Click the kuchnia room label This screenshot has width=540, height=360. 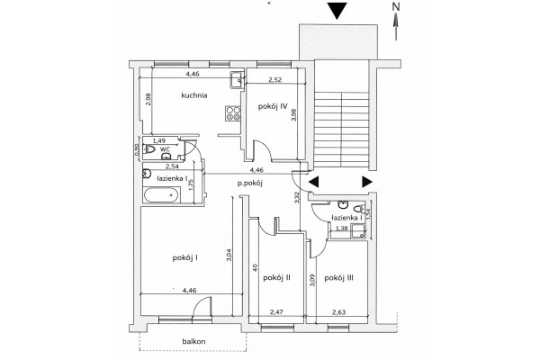click(x=194, y=95)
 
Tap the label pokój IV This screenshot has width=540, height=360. click(x=273, y=106)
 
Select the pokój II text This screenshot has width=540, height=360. click(x=277, y=278)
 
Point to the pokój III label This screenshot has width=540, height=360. click(x=339, y=278)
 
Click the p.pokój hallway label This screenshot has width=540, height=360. click(x=250, y=184)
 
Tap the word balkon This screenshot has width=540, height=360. click(x=193, y=341)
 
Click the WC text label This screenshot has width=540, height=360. click(x=166, y=149)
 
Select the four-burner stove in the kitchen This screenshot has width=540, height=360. click(x=233, y=113)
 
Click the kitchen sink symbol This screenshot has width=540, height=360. click(x=238, y=80)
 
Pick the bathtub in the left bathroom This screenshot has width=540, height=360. click(x=161, y=195)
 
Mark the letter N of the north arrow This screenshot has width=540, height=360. click(x=397, y=6)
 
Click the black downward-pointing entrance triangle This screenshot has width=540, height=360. click(x=336, y=10)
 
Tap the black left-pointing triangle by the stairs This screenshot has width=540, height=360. click(x=313, y=182)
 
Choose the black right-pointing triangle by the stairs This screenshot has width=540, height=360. click(x=367, y=182)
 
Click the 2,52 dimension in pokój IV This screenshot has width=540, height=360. click(x=275, y=80)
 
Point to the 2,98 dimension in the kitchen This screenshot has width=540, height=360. click(x=148, y=99)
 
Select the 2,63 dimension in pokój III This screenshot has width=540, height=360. click(x=339, y=312)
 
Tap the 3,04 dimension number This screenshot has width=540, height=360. click(x=229, y=256)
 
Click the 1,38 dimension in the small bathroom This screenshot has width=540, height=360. click(x=342, y=228)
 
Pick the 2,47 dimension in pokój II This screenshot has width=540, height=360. click(x=276, y=312)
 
